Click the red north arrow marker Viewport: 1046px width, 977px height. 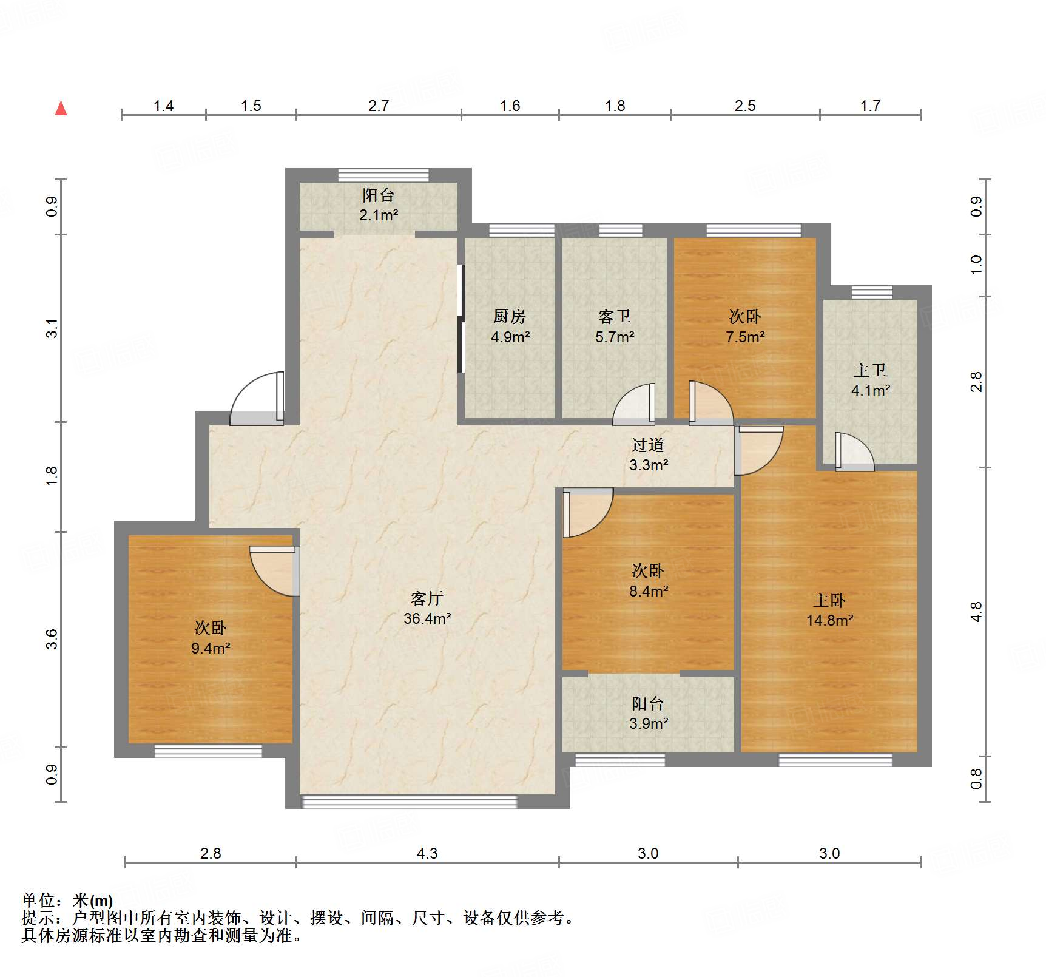[x=61, y=109]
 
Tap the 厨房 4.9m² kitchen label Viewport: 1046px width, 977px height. [x=510, y=326]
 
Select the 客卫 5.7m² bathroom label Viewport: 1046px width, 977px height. [x=615, y=326]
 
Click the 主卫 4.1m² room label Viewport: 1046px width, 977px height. [x=870, y=380]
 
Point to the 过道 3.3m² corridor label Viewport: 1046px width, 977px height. [x=648, y=455]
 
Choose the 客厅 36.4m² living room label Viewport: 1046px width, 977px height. [x=427, y=608]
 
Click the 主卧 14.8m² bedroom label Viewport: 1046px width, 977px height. [x=829, y=610]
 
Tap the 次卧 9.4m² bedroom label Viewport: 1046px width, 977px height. [x=211, y=637]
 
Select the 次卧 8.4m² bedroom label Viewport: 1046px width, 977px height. [x=648, y=580]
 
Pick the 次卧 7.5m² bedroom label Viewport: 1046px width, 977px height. [x=744, y=326]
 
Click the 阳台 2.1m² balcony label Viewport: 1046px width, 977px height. [x=378, y=205]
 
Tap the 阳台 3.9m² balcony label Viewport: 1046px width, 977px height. [x=648, y=713]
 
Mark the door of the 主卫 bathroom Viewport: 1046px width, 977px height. [x=854, y=453]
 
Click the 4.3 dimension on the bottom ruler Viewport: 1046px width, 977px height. [x=427, y=853]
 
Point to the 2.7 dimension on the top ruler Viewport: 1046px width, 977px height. [x=378, y=106]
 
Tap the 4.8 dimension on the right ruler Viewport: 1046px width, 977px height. [x=976, y=612]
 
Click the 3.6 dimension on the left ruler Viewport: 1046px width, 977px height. [x=52, y=639]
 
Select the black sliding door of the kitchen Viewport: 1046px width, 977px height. [x=461, y=319]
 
